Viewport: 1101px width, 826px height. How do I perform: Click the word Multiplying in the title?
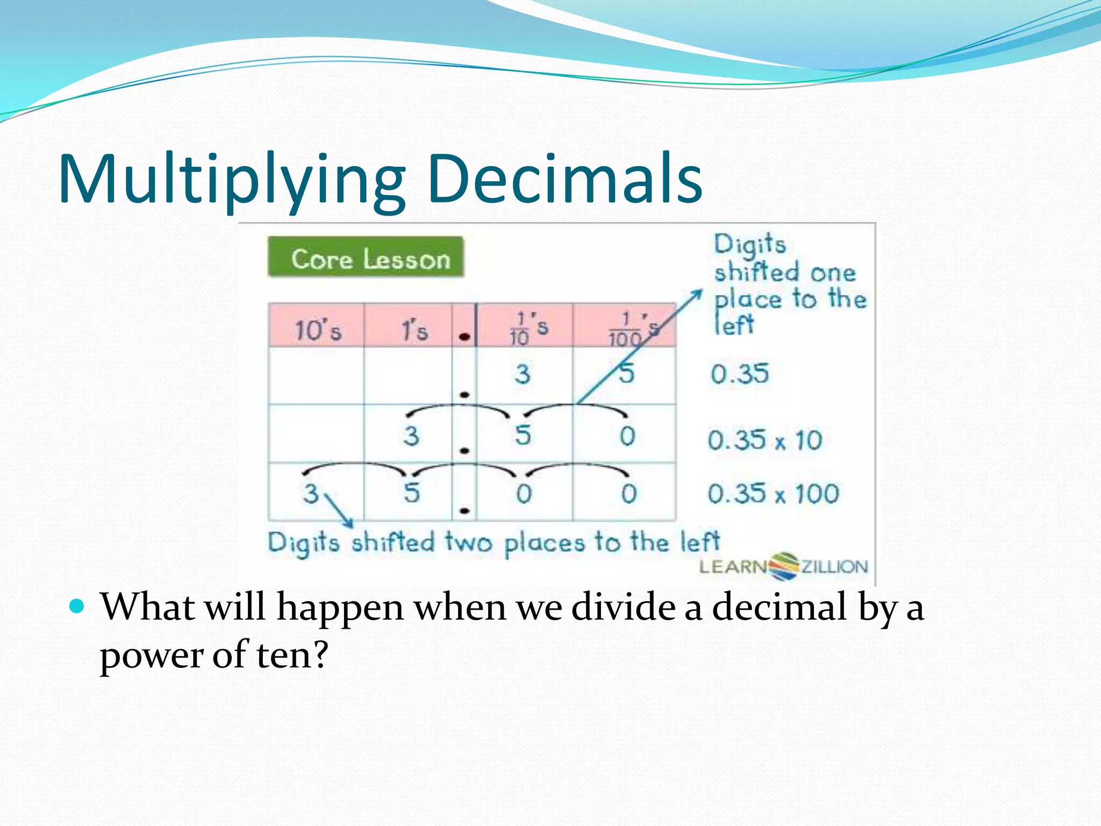click(x=231, y=180)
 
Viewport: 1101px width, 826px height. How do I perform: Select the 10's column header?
click(x=317, y=329)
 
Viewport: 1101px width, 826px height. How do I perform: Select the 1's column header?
click(x=414, y=329)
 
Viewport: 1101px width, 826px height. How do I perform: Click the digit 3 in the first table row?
click(x=522, y=374)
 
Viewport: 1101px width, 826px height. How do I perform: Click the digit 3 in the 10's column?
click(x=311, y=493)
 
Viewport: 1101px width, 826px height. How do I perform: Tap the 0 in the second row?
click(x=627, y=436)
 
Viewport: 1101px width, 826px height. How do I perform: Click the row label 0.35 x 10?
click(x=764, y=440)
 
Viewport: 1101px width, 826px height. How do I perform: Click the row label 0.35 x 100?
click(x=773, y=494)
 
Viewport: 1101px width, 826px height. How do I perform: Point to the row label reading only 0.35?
click(x=740, y=374)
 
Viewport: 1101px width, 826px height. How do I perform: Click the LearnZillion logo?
click(x=783, y=566)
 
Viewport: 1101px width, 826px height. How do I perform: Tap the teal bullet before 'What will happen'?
click(x=77, y=607)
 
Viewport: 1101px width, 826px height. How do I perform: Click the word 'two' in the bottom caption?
click(x=468, y=542)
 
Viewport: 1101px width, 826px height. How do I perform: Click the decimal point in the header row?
click(x=464, y=337)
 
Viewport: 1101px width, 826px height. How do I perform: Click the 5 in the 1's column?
click(x=412, y=493)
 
